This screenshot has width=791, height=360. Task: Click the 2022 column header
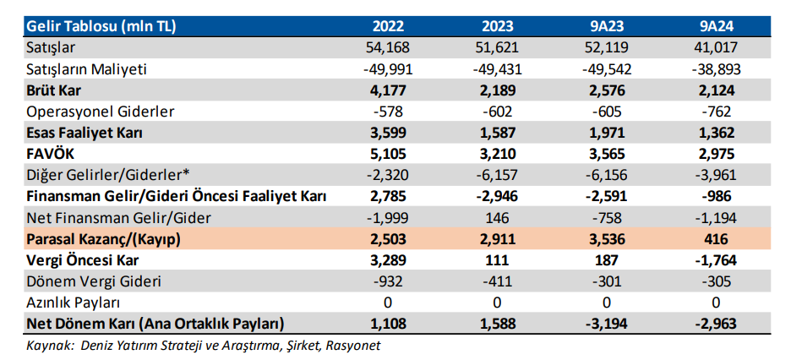coord(389,26)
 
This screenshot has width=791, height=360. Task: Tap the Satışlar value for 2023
coord(497,48)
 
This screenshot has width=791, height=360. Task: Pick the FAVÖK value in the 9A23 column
coord(606,154)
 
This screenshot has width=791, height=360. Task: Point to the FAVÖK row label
coord(46,154)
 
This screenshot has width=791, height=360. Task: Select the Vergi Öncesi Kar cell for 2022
coord(389,260)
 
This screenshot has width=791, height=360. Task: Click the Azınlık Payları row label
coord(73,303)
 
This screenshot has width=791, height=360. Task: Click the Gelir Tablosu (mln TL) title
coord(101,26)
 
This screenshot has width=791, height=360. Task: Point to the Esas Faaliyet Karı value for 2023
coord(497,133)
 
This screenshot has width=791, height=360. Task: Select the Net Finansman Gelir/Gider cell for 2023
coord(497,218)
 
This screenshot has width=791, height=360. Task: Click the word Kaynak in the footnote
coord(45,346)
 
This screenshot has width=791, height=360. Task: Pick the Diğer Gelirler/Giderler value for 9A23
coord(606,176)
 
